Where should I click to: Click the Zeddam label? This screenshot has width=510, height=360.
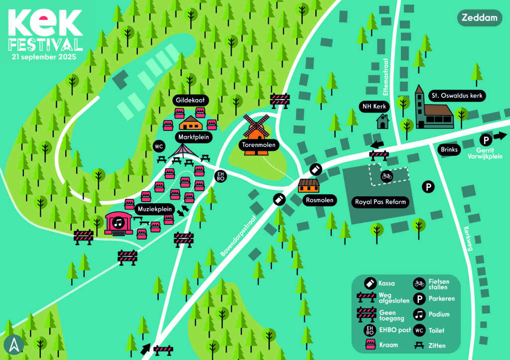click(x=480, y=18)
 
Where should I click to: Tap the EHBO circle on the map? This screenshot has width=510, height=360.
click(x=220, y=175)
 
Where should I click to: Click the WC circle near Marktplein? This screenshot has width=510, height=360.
click(x=159, y=146)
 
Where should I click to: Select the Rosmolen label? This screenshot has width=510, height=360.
click(x=320, y=200)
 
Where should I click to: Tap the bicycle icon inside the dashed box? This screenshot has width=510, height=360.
click(x=386, y=176)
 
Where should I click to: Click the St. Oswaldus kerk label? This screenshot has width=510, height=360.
click(x=457, y=95)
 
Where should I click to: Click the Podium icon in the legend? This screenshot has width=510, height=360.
click(x=419, y=314)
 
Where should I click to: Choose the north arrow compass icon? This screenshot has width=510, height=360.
click(x=13, y=345)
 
